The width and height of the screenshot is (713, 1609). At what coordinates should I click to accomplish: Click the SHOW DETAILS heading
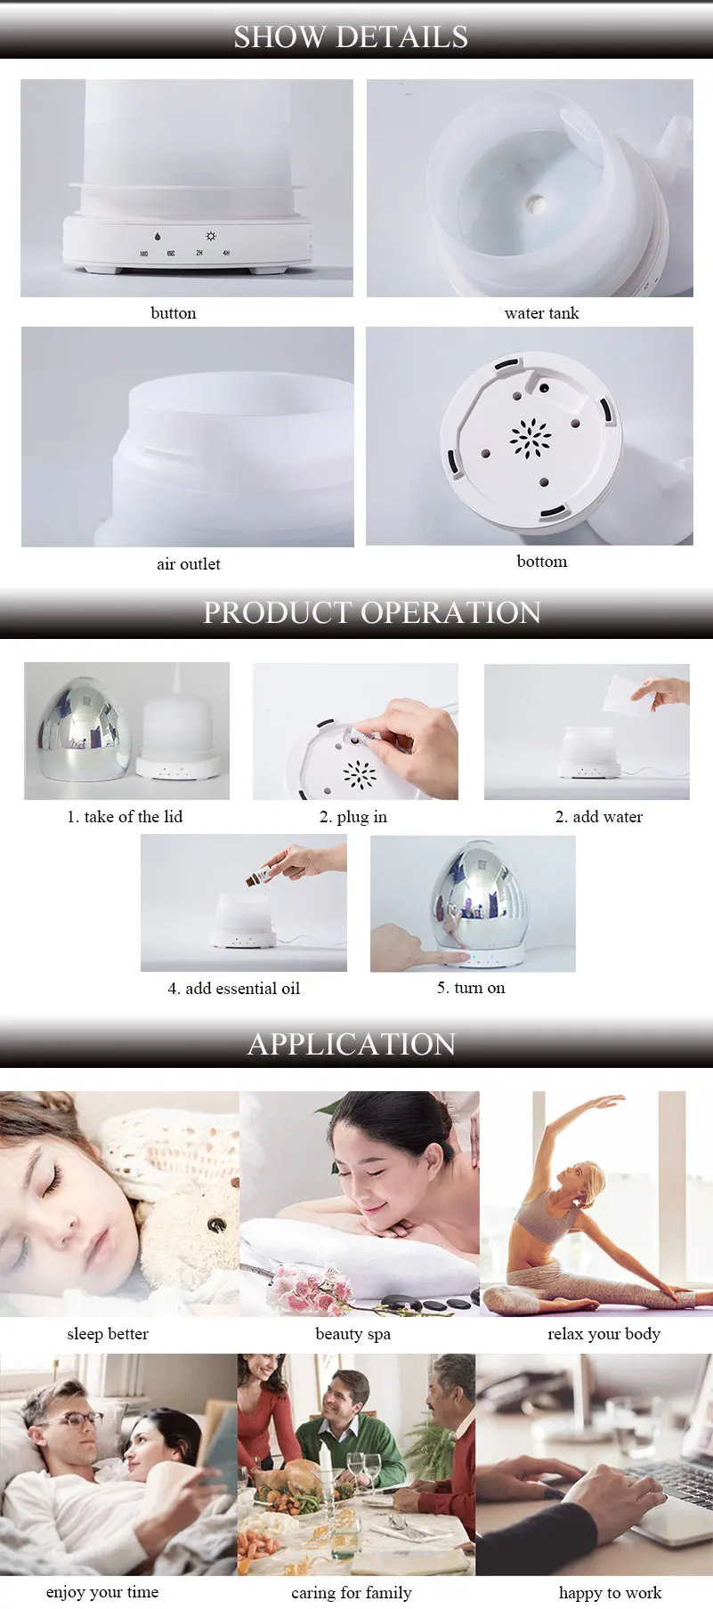(x=351, y=36)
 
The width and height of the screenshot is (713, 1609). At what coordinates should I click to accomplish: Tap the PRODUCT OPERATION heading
(x=372, y=612)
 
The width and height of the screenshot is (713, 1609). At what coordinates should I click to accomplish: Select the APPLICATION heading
(x=352, y=1044)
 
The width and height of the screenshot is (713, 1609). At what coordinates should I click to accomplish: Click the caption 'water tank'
(x=541, y=313)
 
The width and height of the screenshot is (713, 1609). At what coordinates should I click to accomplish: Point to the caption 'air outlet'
(x=189, y=564)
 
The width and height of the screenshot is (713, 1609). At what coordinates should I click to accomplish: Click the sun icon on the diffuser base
(x=211, y=237)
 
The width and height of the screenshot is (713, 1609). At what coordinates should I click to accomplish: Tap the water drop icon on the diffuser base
(x=158, y=238)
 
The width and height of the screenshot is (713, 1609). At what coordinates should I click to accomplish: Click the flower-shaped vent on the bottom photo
(x=531, y=438)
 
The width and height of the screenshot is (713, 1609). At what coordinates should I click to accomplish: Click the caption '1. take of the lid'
(x=125, y=817)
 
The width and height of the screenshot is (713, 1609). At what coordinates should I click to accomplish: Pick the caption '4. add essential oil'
(x=234, y=989)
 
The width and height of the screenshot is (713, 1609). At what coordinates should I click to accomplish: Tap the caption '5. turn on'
(x=471, y=988)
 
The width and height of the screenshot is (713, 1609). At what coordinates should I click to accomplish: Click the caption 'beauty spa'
(x=353, y=1334)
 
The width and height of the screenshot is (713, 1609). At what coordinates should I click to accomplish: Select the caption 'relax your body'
(x=604, y=1334)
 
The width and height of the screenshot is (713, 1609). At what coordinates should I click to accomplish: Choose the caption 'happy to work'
(x=610, y=1592)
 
